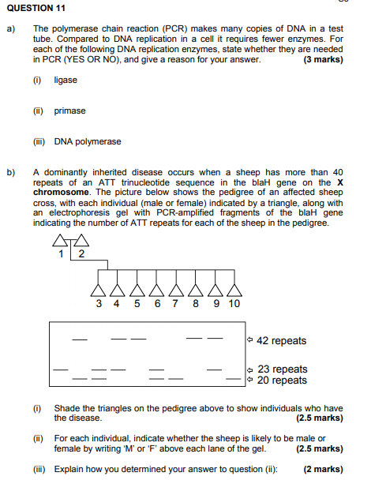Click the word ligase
[66, 81]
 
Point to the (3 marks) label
[323, 60]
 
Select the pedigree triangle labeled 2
[80, 241]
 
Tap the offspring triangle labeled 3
[99, 287]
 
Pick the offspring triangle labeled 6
[158, 287]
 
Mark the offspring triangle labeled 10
[234, 287]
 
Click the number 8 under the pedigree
[196, 304]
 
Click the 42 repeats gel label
[282, 341]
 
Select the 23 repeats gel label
[283, 369]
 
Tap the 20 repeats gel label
[283, 381]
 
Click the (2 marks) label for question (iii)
[324, 469]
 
